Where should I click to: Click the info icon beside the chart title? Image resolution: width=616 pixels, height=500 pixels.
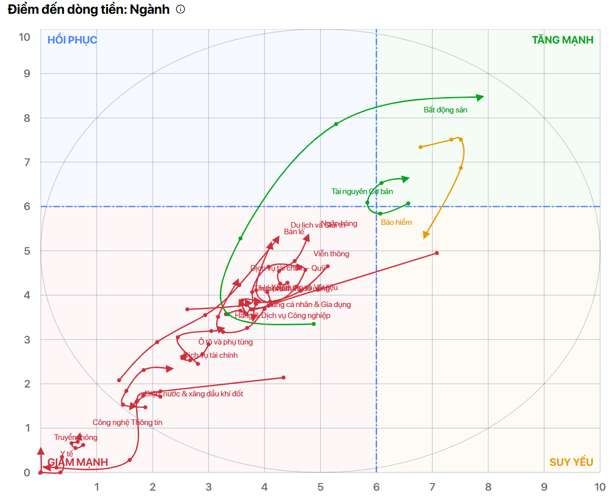tap(180, 10)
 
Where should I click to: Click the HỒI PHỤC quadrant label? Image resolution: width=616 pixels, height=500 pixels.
tap(72, 40)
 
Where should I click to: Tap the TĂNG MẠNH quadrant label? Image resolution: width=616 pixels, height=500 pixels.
tap(562, 40)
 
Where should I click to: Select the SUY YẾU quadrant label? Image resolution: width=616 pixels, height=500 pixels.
tap(571, 462)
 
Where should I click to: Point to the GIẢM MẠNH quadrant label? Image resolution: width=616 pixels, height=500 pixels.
tap(78, 462)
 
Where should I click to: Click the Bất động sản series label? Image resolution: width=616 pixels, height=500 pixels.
tap(445, 110)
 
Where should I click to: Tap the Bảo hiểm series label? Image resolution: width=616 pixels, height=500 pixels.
tap(396, 222)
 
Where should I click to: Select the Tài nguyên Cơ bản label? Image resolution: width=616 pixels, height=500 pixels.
tap(362, 191)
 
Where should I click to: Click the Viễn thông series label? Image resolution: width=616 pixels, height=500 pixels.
tap(331, 254)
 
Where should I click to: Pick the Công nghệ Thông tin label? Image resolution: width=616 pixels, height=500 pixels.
tap(127, 422)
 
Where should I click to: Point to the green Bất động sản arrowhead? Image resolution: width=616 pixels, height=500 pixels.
tap(480, 97)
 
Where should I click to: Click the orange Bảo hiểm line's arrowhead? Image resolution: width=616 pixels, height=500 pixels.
tap(426, 235)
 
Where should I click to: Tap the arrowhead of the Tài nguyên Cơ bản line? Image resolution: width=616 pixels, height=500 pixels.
tap(406, 179)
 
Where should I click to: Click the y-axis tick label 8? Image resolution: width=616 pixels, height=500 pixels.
tap(24, 118)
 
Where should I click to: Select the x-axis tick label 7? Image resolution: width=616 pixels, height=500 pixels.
tap(432, 487)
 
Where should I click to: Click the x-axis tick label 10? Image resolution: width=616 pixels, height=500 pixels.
tap(599, 487)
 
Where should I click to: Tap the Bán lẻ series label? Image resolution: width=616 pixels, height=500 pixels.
tap(294, 232)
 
